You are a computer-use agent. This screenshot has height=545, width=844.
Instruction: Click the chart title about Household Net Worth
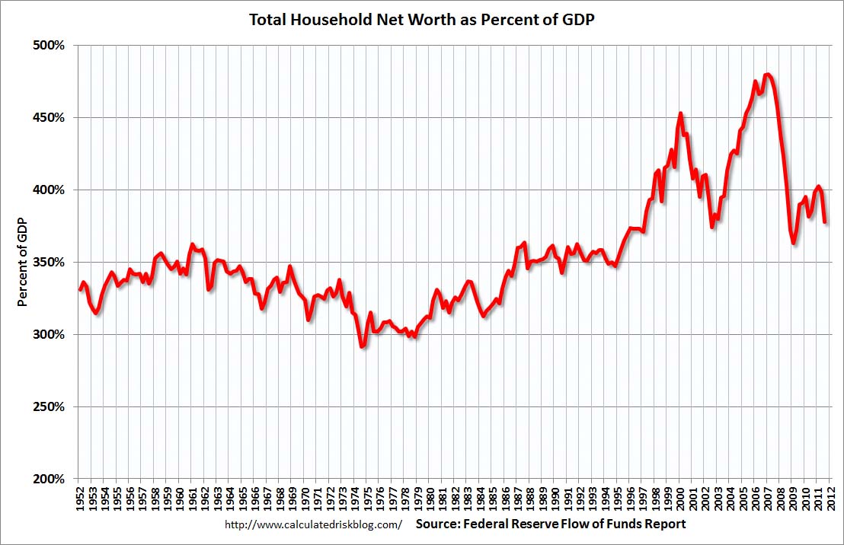422,20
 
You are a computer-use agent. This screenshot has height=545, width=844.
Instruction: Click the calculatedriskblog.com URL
313,525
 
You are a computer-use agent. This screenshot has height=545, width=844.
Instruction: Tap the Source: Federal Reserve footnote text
551,524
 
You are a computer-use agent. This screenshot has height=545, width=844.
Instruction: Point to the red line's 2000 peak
680,113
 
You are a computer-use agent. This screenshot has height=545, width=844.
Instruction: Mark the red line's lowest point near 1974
362,347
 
